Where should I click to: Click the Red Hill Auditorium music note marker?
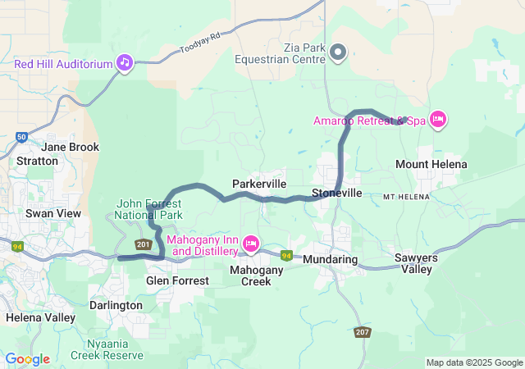125,63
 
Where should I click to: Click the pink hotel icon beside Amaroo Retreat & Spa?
438,121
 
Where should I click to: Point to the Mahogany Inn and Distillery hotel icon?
251,244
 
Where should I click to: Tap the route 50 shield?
21,137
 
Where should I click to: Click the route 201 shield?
144,244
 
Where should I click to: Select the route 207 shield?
363,332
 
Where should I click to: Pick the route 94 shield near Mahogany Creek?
286,256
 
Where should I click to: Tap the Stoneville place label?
336,194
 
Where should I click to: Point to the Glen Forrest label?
177,280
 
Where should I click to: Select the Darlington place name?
116,305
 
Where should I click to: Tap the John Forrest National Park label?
148,209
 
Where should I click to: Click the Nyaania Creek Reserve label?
107,348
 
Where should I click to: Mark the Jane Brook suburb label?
71,147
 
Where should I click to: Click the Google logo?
28,359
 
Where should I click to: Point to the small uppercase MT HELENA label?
408,197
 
